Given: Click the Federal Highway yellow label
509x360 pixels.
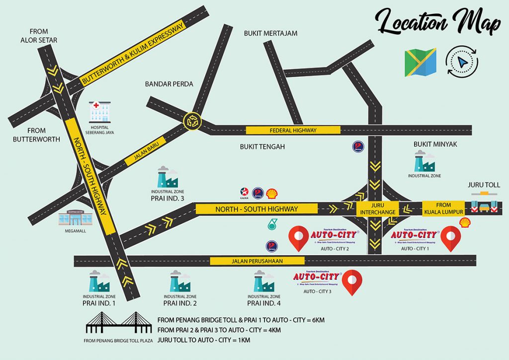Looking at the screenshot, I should click(293, 130).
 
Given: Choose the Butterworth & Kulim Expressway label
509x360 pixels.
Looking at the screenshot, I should click(133, 54).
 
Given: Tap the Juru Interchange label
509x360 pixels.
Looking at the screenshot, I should click(377, 208).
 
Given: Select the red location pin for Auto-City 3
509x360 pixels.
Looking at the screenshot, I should click(353, 282).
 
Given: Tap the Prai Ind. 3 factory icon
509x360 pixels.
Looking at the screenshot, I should click(168, 177).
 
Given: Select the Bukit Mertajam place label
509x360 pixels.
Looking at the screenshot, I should click(270, 33).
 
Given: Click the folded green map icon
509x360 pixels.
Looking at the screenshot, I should click(420, 63).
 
